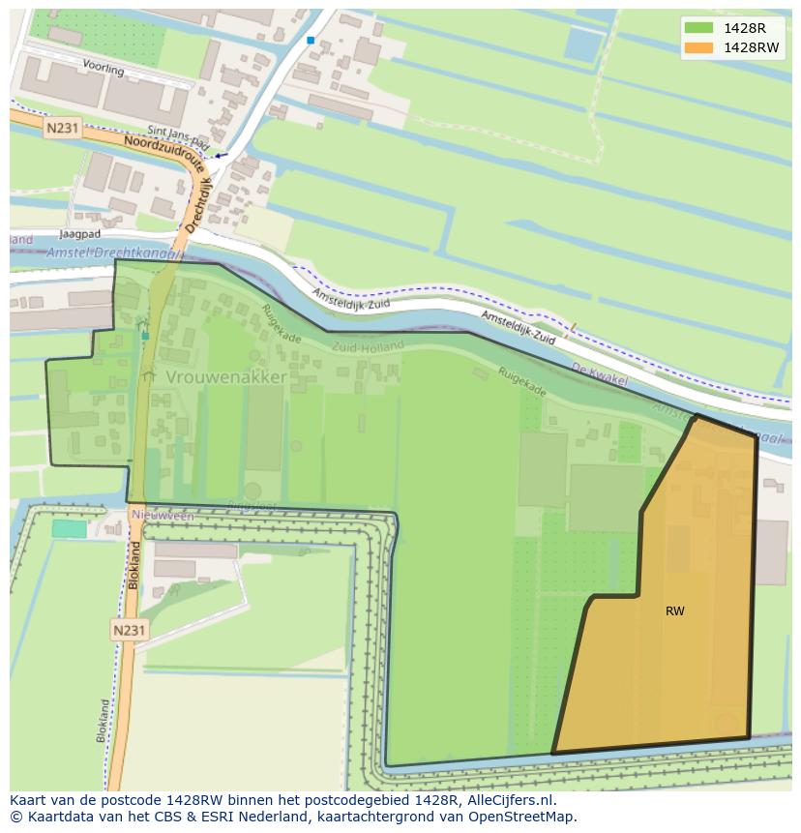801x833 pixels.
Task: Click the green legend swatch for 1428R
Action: [x=697, y=27]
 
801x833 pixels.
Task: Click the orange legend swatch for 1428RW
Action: [x=697, y=46]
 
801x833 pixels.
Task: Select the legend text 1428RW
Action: [x=751, y=46]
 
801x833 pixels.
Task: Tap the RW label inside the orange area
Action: [x=675, y=611]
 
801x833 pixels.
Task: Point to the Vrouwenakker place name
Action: [x=225, y=376]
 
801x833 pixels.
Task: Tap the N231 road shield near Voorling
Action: [x=63, y=130]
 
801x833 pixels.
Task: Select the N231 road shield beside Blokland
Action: [x=130, y=630]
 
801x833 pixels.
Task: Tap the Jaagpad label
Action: [x=79, y=234]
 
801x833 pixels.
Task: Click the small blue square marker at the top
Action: [x=311, y=40]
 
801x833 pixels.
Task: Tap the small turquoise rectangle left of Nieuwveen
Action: [x=69, y=528]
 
